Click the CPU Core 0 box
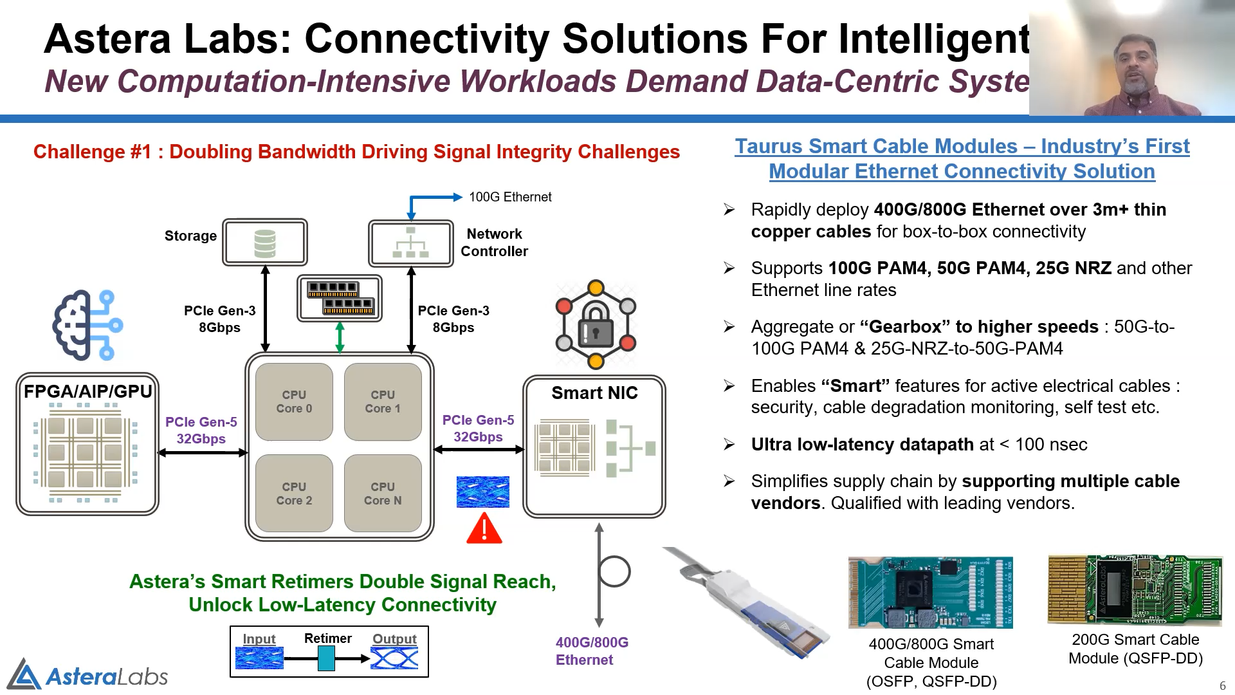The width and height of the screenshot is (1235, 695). [x=294, y=402]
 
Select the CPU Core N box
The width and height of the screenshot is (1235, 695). [x=383, y=493]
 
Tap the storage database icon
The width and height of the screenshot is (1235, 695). [x=265, y=243]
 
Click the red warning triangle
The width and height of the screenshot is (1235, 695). [x=484, y=528]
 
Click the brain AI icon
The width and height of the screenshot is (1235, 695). [x=87, y=324]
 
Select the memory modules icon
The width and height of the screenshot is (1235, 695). [x=340, y=298]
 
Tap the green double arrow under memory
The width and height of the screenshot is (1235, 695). [x=340, y=337]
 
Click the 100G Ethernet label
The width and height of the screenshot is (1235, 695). [x=510, y=197]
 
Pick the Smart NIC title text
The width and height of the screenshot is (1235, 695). [x=594, y=393]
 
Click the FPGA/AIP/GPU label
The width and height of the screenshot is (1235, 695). [x=87, y=391]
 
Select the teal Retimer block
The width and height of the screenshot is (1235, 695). [x=326, y=658]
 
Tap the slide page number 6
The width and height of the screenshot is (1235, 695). [x=1222, y=685]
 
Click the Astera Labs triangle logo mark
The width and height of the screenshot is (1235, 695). [x=24, y=676]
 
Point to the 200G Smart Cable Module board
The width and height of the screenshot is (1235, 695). [x=1135, y=589]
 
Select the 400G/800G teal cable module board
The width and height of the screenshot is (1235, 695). [x=930, y=593]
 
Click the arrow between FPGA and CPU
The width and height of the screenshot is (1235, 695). [x=203, y=453]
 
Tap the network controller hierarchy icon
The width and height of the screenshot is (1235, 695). [x=410, y=243]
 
